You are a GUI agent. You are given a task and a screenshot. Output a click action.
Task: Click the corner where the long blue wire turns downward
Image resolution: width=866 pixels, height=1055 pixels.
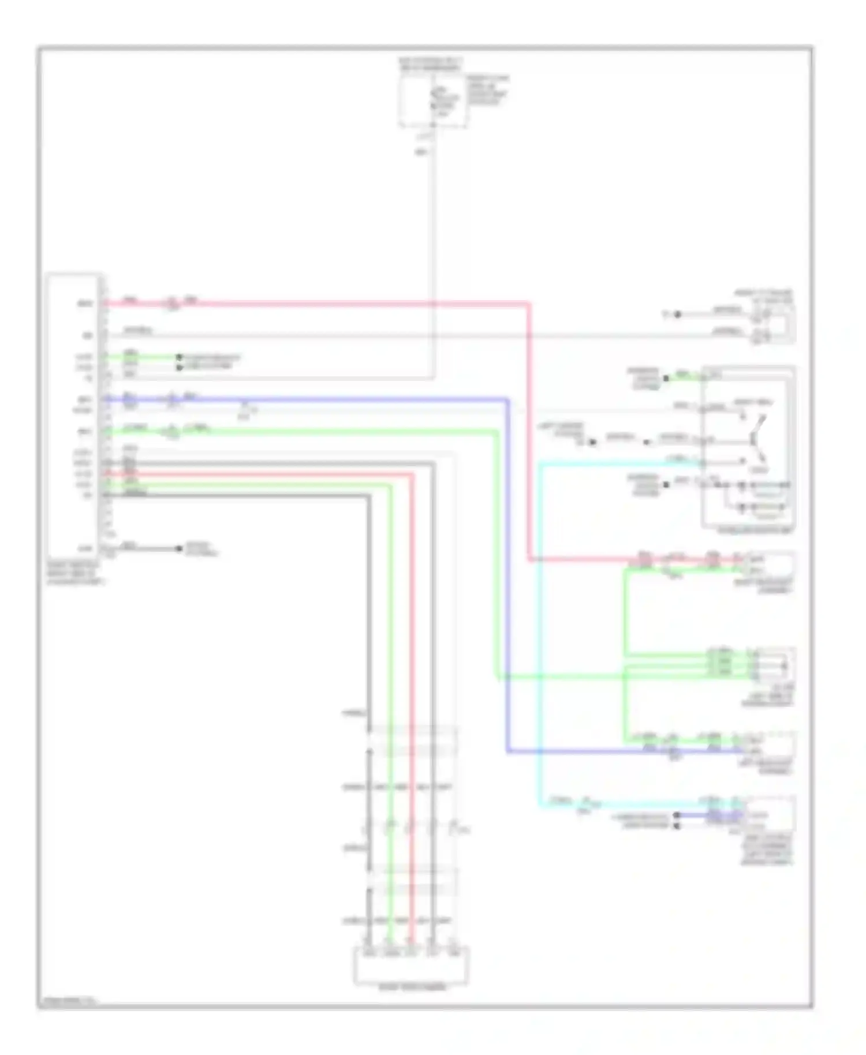(507, 399)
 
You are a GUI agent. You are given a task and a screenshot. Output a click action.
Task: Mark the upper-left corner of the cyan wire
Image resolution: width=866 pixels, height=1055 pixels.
(541, 463)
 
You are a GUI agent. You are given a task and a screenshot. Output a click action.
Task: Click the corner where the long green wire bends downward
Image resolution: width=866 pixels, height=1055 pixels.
(497, 431)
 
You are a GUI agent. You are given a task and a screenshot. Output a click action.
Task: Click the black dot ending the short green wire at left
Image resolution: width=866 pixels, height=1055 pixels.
(179, 357)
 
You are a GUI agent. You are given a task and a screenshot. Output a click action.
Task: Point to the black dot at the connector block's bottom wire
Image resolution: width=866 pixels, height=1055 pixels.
(179, 548)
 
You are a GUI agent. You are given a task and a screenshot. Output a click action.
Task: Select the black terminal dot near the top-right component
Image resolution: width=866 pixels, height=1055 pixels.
(678, 315)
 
